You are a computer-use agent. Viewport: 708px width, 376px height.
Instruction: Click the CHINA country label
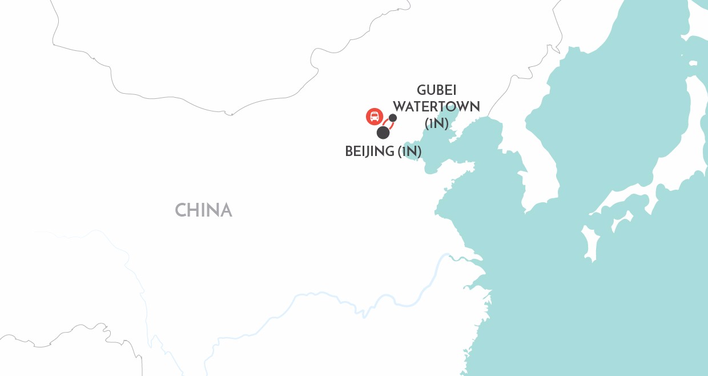click(x=203, y=210)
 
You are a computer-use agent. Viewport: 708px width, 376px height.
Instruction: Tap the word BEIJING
click(x=370, y=151)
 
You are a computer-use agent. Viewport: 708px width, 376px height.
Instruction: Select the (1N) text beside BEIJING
click(x=410, y=151)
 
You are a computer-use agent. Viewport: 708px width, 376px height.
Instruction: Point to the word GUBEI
click(x=437, y=90)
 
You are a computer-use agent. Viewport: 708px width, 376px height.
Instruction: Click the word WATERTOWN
click(x=437, y=107)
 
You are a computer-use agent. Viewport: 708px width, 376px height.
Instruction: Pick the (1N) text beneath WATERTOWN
click(x=437, y=123)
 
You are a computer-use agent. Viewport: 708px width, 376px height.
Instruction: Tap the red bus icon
click(x=374, y=117)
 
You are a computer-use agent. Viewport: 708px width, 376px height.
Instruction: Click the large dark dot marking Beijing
click(x=383, y=133)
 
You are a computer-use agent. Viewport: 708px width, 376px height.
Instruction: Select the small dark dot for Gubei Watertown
click(x=393, y=118)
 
